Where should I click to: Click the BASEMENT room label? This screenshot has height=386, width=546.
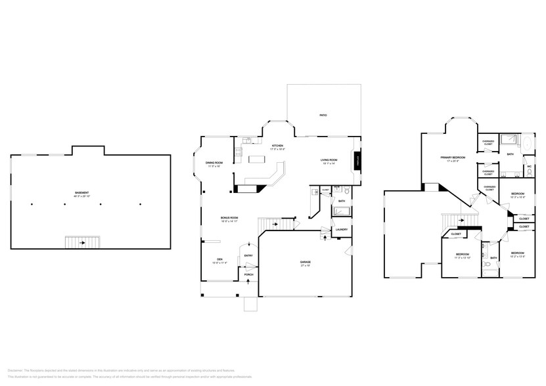tap(81, 192)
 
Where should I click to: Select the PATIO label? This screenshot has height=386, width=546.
tap(323, 116)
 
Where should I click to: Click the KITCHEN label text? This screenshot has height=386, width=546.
tap(277, 146)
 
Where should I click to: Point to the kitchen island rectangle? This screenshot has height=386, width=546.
tap(254, 160)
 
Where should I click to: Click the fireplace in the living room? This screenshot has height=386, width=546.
tap(357, 160)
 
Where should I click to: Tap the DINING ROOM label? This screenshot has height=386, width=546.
tap(214, 162)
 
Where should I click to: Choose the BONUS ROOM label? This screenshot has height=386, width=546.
tap(229, 217)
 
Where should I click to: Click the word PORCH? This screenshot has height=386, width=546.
tap(248, 275)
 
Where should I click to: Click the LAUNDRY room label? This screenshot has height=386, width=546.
tap(341, 229)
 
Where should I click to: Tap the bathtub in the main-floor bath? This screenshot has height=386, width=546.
tap(342, 211)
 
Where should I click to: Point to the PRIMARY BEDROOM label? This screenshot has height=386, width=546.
tap(453, 158)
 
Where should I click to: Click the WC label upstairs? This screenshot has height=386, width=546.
tap(529, 166)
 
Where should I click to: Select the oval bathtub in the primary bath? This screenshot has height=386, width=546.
tap(529, 143)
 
